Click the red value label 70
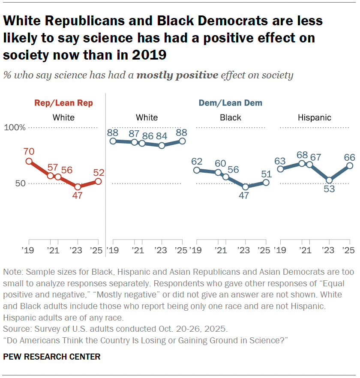click(x=29, y=151)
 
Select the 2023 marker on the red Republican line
click(x=78, y=187)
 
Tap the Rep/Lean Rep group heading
click(x=63, y=103)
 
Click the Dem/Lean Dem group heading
click(x=230, y=103)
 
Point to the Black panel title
click(x=230, y=117)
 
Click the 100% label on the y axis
click(x=15, y=128)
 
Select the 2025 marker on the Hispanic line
click(x=350, y=165)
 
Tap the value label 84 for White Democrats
click(x=162, y=136)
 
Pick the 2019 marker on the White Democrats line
click(x=113, y=141)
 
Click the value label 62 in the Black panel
click(x=197, y=162)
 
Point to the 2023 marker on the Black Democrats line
click(x=246, y=187)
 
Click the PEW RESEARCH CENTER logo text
click(x=52, y=357)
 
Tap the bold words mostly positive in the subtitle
click(x=177, y=75)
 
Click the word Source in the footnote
click(x=15, y=329)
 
